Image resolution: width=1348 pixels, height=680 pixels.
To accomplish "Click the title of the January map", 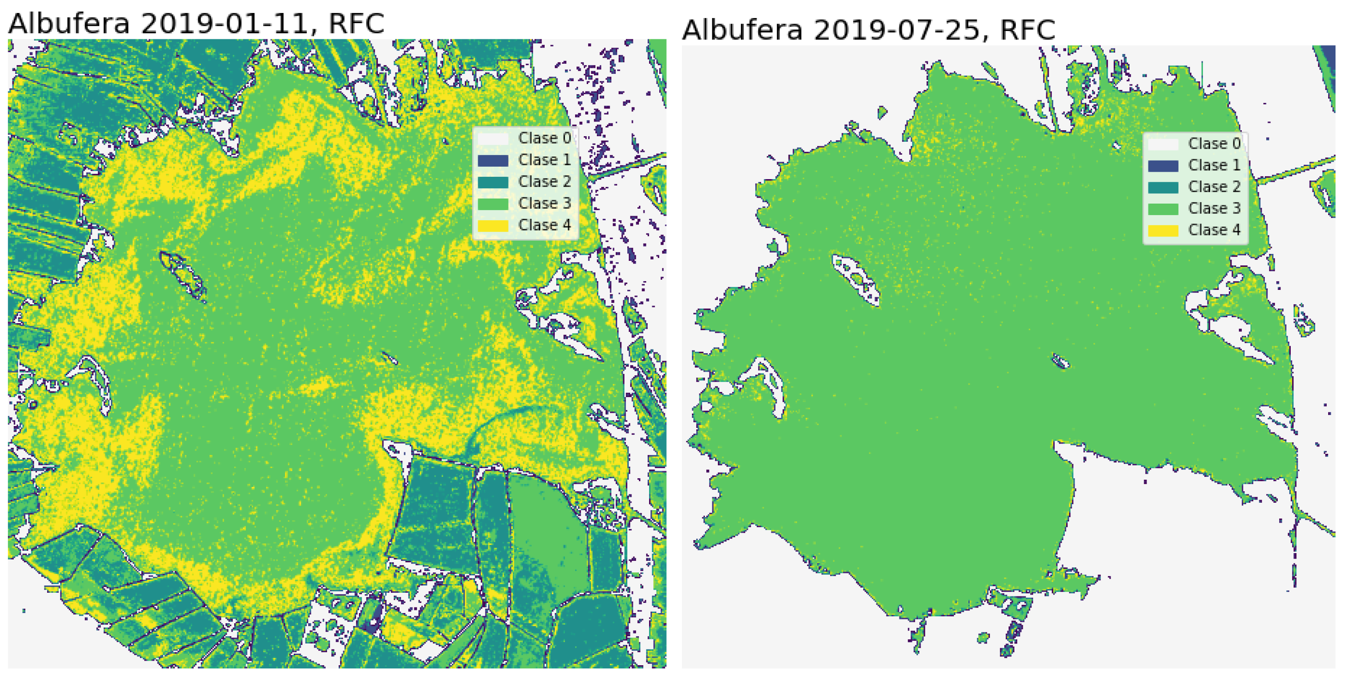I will tap(196, 24).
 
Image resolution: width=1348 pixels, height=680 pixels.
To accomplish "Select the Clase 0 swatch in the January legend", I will tap(492, 138).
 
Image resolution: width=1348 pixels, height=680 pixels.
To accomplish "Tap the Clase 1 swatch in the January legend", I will tap(492, 160).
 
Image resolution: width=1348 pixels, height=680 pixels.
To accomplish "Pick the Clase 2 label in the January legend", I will tap(544, 181).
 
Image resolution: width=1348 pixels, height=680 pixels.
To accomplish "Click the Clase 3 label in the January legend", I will tap(544, 203).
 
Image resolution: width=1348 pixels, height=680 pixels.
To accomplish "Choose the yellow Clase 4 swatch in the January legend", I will tap(492, 225).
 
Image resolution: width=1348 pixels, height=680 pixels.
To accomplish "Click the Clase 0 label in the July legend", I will tap(1214, 143).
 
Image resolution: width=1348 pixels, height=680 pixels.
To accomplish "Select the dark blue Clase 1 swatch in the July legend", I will tap(1163, 166).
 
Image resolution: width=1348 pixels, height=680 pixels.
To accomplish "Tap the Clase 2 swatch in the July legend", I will tap(1163, 187).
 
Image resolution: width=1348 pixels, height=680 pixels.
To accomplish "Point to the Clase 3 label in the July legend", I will tap(1214, 208).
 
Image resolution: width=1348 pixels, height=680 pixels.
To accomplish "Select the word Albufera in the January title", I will tap(68, 24).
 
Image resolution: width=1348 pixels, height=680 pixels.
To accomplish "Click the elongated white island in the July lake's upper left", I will tap(856, 277).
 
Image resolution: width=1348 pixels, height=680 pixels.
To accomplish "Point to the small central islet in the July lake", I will tap(1060, 361).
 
